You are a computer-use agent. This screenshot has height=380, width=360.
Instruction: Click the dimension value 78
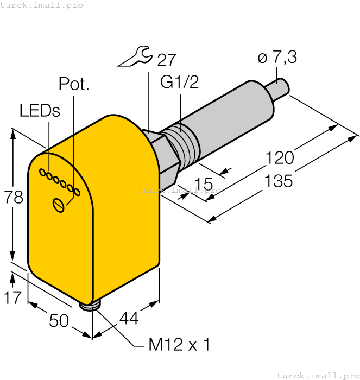click(14, 198)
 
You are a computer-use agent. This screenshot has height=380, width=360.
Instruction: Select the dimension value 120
click(280, 158)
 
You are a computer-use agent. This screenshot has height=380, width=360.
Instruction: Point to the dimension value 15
click(203, 185)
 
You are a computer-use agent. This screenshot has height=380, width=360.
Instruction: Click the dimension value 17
click(13, 297)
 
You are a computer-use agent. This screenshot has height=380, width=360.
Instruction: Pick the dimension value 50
click(59, 321)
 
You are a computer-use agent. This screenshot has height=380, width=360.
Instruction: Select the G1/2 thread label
click(180, 82)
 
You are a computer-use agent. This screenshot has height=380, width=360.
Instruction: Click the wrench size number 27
click(166, 60)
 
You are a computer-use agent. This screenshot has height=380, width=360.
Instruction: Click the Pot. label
click(74, 84)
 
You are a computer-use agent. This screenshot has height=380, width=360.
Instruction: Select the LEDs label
click(40, 110)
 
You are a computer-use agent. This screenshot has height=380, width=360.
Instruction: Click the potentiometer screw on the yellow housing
click(59, 205)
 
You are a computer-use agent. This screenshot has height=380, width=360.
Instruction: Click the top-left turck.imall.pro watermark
click(42, 5)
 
